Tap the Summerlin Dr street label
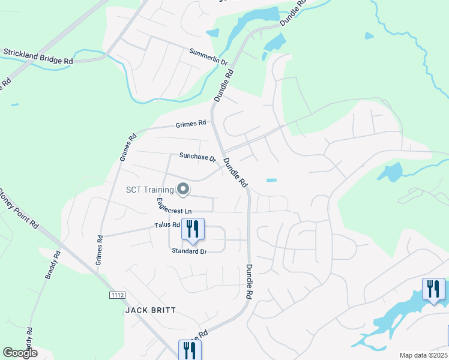coord(208,58)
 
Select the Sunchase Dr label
coord(197,157)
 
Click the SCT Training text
coord(149,190)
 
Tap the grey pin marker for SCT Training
coord(184,190)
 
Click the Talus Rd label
coord(167,225)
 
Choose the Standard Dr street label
coord(189,251)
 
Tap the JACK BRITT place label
coord(150,310)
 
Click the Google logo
coord(20,353)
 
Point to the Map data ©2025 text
coord(423,355)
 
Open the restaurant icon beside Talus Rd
coord(193,230)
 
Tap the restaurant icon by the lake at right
coord(433,289)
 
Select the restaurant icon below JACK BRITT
coord(190,350)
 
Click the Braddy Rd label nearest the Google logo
coord(29,339)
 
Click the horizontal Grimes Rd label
coord(191,124)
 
